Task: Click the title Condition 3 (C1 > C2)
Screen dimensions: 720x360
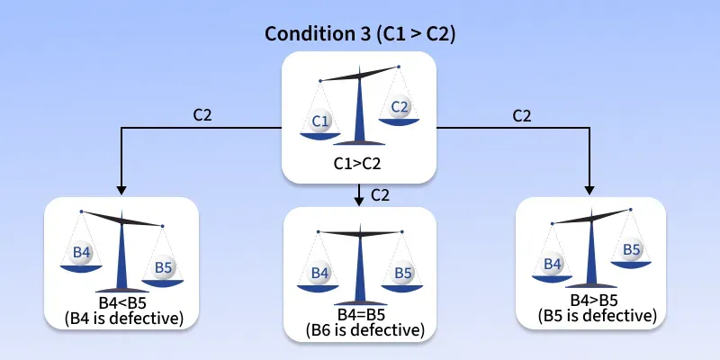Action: pos(360,34)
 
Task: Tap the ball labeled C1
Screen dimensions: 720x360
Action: pos(319,121)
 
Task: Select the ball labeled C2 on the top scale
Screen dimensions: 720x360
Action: pos(399,107)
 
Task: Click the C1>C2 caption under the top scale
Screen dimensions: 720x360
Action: pos(357,163)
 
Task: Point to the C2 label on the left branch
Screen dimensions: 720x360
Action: pos(202,116)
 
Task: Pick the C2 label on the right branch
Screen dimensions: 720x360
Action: pos(522,116)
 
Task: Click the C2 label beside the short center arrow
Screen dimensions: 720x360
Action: pos(380,195)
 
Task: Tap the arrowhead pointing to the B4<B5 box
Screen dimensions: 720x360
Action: pos(121,190)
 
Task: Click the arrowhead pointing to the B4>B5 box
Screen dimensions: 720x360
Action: pos(589,190)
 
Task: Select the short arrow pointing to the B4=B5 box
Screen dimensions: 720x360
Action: pos(359,194)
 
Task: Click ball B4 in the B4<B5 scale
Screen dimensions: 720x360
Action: pos(80,254)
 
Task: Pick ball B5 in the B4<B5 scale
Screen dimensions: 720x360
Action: pos(163,267)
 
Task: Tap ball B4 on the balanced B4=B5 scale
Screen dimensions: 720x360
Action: pos(319,274)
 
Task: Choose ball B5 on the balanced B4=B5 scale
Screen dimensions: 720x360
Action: pos(402,274)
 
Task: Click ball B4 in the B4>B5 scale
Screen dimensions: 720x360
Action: pos(553,264)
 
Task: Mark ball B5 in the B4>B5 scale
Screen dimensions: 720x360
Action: pos(632,250)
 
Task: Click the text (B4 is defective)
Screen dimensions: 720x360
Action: pos(124,318)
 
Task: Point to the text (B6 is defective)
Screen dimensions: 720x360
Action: pos(365,329)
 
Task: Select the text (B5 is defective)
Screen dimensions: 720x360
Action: pos(597,316)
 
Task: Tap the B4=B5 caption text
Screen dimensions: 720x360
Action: pos(362,315)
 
